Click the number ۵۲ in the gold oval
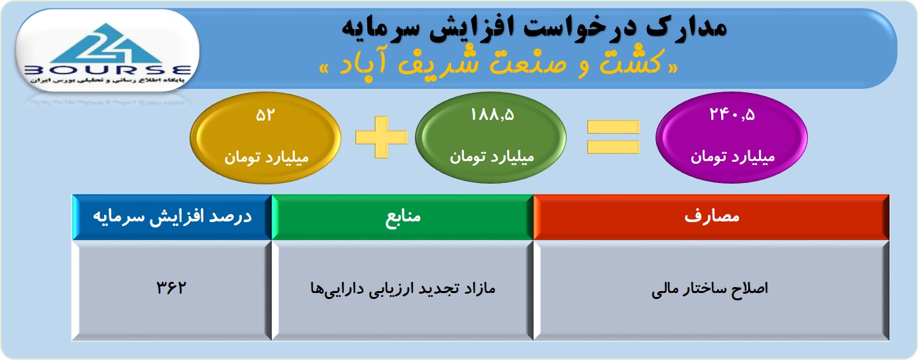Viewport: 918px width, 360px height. [264, 115]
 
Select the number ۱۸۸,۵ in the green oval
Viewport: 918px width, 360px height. [492, 115]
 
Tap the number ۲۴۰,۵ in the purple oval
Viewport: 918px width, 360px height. [732, 115]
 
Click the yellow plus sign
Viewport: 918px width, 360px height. [381, 137]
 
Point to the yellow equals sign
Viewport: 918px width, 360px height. [613, 137]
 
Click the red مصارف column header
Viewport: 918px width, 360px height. [711, 217]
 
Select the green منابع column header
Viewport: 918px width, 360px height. [402, 217]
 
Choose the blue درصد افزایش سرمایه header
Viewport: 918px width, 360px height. [172, 217]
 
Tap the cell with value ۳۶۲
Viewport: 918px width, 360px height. [172, 290]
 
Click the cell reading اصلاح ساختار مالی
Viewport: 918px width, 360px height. [711, 290]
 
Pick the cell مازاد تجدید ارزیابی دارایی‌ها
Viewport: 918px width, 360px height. [402, 290]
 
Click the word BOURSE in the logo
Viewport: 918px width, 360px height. [107, 70]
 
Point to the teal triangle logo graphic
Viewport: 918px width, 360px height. [107, 43]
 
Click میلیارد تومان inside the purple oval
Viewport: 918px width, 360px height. [732, 156]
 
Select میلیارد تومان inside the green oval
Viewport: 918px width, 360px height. [492, 156]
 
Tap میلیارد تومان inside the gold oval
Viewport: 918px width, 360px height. [266, 157]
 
